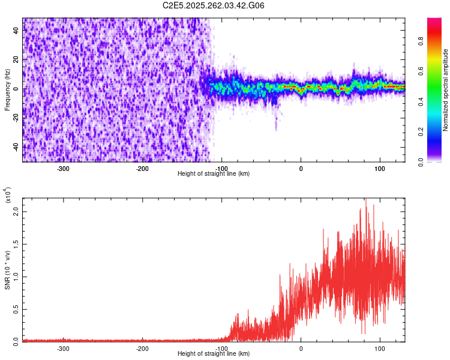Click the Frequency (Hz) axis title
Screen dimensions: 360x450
7,90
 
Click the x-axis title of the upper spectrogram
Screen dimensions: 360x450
214,174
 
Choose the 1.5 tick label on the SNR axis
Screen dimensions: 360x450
16,245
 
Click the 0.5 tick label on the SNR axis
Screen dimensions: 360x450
16,308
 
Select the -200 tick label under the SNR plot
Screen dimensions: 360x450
142,348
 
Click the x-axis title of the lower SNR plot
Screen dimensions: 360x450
214,354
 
